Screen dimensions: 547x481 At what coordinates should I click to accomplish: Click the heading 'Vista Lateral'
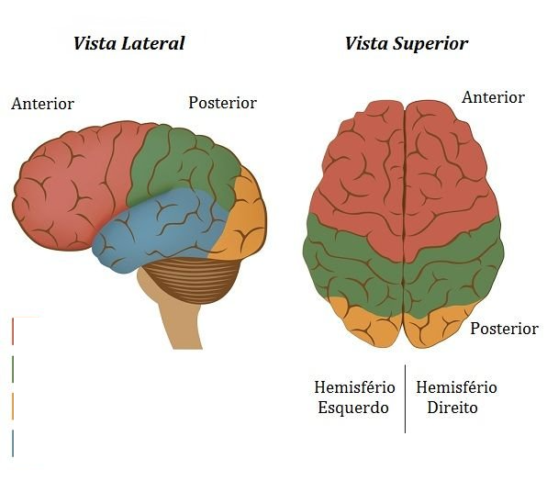pyautogui.click(x=128, y=43)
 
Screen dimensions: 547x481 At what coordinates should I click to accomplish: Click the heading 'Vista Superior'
pyautogui.click(x=407, y=44)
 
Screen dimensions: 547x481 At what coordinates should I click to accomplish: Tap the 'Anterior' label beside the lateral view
pyautogui.click(x=42, y=104)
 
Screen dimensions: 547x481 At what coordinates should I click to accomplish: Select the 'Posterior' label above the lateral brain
pyautogui.click(x=223, y=103)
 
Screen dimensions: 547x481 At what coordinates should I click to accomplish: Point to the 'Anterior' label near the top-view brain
pyautogui.click(x=493, y=97)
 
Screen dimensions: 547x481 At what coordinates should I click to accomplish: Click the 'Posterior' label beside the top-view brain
pyautogui.click(x=504, y=329)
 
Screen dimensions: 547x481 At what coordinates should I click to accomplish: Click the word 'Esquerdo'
pyautogui.click(x=353, y=408)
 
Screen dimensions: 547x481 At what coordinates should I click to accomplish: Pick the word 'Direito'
pyautogui.click(x=452, y=408)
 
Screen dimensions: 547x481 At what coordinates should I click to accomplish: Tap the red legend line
pyautogui.click(x=13, y=331)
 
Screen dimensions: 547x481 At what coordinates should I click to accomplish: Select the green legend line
pyautogui.click(x=13, y=369)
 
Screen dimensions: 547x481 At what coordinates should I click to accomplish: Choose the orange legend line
pyautogui.click(x=13, y=406)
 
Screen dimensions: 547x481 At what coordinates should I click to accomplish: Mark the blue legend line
pyautogui.click(x=13, y=443)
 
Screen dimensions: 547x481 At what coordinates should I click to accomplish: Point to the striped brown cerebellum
pyautogui.click(x=192, y=279)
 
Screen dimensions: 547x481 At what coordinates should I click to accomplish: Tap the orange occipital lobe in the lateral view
pyautogui.click(x=244, y=223)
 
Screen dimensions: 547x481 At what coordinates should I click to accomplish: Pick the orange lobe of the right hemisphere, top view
pyautogui.click(x=436, y=326)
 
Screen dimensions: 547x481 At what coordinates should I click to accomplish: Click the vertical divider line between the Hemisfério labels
pyautogui.click(x=405, y=399)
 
